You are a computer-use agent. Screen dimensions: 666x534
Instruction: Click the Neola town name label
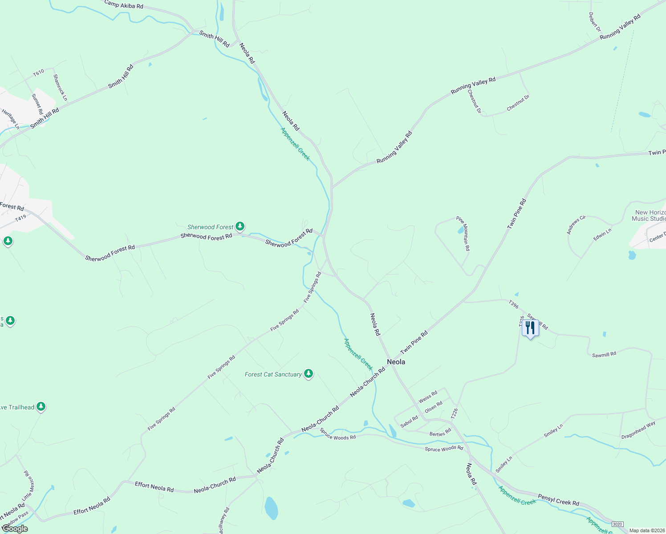tap(396, 362)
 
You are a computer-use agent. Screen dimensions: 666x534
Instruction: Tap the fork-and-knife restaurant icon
tap(530, 328)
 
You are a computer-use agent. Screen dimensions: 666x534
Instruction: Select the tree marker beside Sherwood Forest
tap(240, 227)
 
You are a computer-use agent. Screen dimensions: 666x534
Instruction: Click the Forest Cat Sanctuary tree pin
tap(308, 374)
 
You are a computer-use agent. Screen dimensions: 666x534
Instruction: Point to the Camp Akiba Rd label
tap(124, 5)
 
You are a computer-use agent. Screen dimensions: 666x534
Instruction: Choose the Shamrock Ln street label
tap(60, 87)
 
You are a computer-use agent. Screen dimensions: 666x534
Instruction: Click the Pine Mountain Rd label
tap(463, 233)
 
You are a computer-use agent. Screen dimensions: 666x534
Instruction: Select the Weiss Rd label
tap(428, 396)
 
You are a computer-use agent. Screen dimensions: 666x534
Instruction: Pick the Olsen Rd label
tap(434, 407)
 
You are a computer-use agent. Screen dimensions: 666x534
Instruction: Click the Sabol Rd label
tap(409, 421)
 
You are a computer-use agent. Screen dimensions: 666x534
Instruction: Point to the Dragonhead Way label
tap(638, 430)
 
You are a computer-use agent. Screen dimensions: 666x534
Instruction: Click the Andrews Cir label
tap(576, 225)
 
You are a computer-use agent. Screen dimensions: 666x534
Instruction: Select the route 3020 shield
tap(617, 524)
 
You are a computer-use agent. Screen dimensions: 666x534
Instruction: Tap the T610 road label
tap(39, 72)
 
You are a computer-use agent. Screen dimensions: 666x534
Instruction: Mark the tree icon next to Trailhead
tap(41, 406)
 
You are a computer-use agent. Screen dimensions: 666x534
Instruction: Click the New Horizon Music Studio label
tap(650, 215)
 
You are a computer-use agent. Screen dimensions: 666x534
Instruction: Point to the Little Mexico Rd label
tap(28, 485)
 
